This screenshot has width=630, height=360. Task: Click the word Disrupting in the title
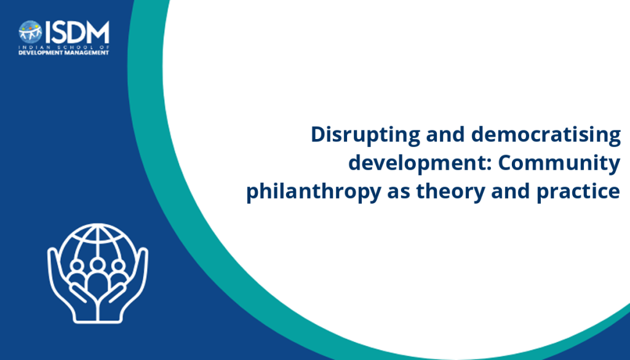tap(365, 135)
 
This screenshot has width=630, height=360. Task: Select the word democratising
tap(546, 135)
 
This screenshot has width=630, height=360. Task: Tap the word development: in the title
tap(420, 163)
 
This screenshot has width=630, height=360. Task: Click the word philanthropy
tap(313, 191)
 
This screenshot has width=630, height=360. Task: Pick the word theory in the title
tap(451, 191)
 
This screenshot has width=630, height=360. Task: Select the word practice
tap(578, 191)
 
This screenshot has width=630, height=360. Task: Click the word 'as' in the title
tap(399, 193)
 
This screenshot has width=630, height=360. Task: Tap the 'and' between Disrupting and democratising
tap(446, 135)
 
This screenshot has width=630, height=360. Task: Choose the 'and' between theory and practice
tap(511, 191)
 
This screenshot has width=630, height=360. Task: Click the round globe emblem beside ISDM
tap(30, 32)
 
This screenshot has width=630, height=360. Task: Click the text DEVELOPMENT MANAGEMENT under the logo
tap(63, 53)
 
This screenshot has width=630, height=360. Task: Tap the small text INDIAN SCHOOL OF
tap(63, 47)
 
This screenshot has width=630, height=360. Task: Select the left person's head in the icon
tap(77, 266)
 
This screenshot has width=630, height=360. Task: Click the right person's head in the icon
tap(118, 266)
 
